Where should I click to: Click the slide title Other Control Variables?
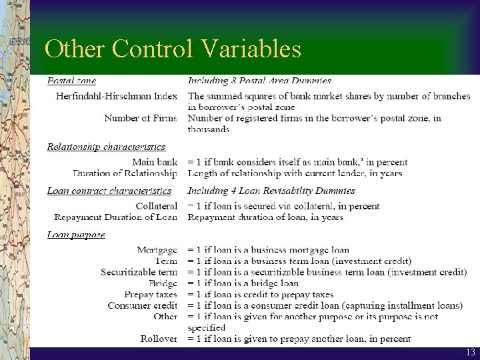[173, 49]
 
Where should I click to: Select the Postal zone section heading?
[71, 81]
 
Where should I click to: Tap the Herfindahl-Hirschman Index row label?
[116, 96]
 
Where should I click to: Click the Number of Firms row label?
[141, 118]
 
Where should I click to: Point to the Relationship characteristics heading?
[106, 147]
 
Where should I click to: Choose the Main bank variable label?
[155, 162]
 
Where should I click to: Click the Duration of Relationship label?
[125, 173]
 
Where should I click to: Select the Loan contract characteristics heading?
[109, 191]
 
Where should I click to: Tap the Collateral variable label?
[157, 206]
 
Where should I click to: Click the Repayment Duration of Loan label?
[116, 217]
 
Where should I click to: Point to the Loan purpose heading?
[76, 235]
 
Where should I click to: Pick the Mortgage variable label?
[157, 250]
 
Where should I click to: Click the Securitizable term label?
[139, 272]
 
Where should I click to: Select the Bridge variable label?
[163, 283]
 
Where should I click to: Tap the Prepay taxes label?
[151, 294]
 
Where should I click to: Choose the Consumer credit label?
[143, 305]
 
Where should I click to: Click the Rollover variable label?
[159, 339]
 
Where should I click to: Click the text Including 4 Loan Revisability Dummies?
[271, 191]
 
